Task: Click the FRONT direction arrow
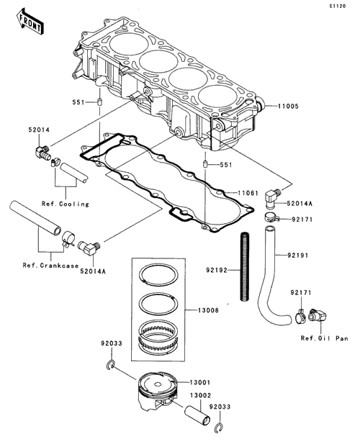pos(30,22)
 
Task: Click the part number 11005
pos(289,107)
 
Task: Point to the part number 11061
pos(248,194)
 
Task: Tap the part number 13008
pos(209,310)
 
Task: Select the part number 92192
pos(217,270)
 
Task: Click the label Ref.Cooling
pos(66,204)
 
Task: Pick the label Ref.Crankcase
pos(50,266)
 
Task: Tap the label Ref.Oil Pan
pos(324,338)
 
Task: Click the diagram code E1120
pos(338,6)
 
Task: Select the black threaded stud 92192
pos(245,266)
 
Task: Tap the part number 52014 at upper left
pos(39,130)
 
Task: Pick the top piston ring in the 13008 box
pos(158,275)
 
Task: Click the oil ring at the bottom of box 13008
pos(158,336)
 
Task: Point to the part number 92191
pos(298,255)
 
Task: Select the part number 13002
pos(201,396)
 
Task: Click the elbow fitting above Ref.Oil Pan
pos(318,315)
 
